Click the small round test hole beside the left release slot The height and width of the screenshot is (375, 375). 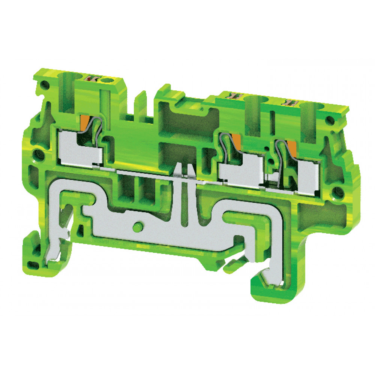tap(111, 79)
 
